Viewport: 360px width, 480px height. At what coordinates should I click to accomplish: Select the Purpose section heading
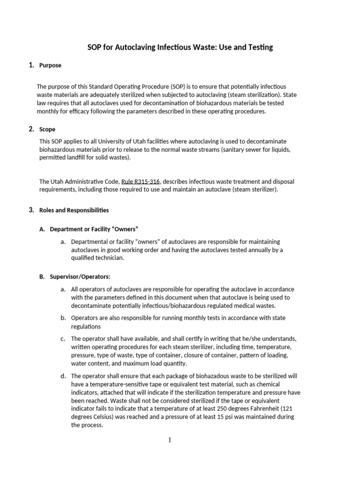point(50,66)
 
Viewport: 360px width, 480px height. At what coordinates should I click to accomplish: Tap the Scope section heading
point(47,129)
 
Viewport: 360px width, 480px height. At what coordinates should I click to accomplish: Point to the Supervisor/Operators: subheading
point(80,277)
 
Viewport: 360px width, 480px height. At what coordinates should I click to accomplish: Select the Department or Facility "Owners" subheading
point(94,229)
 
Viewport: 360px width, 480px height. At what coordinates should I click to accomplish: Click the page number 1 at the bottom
point(170,440)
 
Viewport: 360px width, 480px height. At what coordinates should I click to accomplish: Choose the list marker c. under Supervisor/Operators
point(63,338)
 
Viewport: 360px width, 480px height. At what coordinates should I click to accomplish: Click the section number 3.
point(31,210)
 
